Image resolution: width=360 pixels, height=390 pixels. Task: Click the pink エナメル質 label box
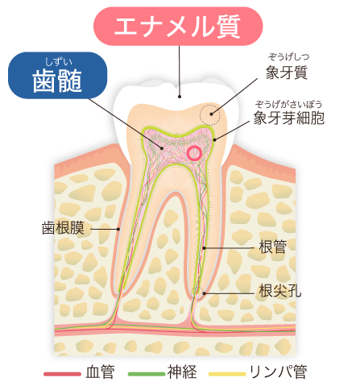pyautogui.click(x=178, y=27)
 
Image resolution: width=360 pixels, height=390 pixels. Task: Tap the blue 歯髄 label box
pyautogui.click(x=58, y=75)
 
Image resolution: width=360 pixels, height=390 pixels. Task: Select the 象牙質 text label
pyautogui.click(x=287, y=73)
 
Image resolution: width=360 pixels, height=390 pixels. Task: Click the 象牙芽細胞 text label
pyautogui.click(x=289, y=118)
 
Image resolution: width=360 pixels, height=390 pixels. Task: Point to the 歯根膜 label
pyautogui.click(x=63, y=228)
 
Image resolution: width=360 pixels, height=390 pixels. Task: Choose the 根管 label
pyautogui.click(x=273, y=247)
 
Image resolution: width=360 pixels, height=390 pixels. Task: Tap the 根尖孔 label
pyautogui.click(x=280, y=291)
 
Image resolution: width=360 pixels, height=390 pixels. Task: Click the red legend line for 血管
pyautogui.click(x=62, y=374)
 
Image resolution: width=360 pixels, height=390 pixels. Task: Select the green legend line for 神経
pyautogui.click(x=147, y=374)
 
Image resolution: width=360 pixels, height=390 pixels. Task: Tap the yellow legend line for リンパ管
pyautogui.click(x=227, y=374)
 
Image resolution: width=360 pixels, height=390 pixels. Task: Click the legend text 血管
pyautogui.click(x=100, y=372)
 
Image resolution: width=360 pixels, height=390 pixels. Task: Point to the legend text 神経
pyautogui.click(x=182, y=372)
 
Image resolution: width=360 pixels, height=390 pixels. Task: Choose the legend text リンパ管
pyautogui.click(x=279, y=372)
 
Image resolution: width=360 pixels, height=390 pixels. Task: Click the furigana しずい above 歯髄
pyautogui.click(x=58, y=62)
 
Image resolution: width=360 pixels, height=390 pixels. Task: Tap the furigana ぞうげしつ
pyautogui.click(x=288, y=57)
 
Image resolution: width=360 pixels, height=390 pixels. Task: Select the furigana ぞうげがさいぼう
pyautogui.click(x=288, y=104)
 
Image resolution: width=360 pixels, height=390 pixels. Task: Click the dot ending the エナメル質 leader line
pyautogui.click(x=180, y=96)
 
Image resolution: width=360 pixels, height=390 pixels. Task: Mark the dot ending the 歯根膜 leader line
pyautogui.click(x=118, y=229)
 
